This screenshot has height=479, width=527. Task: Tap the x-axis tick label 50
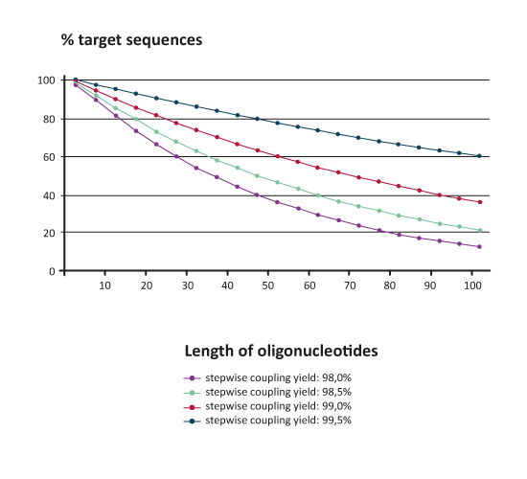268,285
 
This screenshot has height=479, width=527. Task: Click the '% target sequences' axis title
131,40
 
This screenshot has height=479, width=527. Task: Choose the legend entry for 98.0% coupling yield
278,379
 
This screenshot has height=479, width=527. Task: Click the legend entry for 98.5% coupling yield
278,393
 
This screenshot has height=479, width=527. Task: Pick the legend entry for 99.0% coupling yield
278,406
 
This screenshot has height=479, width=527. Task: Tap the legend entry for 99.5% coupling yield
278,420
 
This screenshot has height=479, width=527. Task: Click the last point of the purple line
480,247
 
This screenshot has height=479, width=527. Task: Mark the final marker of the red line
480,203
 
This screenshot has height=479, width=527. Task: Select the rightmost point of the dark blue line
480,155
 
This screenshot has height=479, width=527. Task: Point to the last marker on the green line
480,230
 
